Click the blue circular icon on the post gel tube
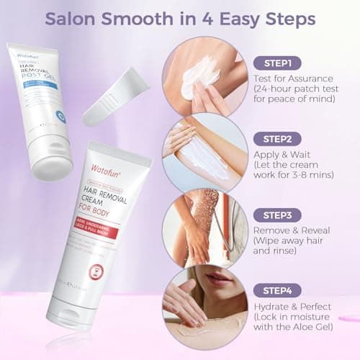(x=61, y=116)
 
